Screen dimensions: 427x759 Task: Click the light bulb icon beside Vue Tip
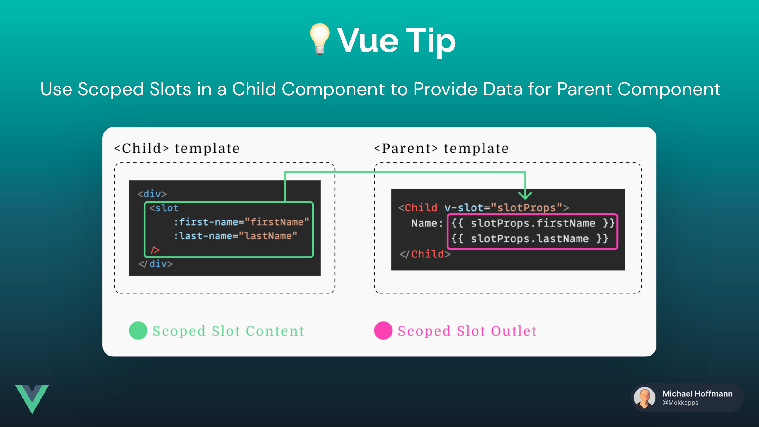[320, 39]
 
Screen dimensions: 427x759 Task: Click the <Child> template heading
[177, 148]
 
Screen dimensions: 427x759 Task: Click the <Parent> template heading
[441, 148]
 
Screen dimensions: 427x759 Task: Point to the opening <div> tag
[152, 194]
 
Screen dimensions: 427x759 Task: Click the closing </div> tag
[156, 264]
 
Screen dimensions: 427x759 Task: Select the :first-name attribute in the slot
[206, 222]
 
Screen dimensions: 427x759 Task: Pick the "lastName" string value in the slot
[268, 236]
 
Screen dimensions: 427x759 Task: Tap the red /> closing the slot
[155, 250]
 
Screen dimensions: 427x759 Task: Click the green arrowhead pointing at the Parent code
[525, 195]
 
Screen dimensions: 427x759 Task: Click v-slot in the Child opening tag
[464, 208]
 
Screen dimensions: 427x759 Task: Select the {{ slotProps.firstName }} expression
[533, 223]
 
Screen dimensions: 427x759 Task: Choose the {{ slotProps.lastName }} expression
[529, 239]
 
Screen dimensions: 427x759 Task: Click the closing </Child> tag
[425, 254]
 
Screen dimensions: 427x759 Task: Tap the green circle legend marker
[138, 331]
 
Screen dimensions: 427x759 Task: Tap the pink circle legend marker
[383, 331]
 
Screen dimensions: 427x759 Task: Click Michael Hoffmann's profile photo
[645, 398]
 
